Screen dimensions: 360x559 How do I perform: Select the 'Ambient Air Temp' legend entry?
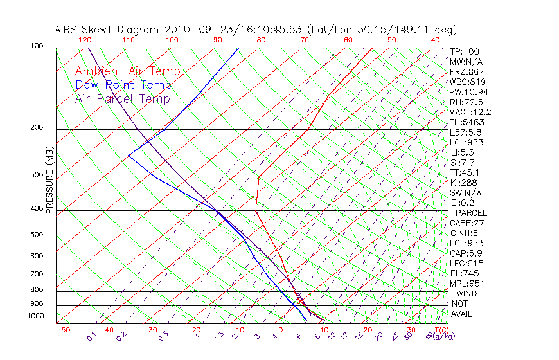coord(127,71)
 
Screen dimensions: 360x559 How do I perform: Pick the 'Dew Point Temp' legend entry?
coord(123,85)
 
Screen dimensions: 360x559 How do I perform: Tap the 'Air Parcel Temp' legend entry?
coord(122,98)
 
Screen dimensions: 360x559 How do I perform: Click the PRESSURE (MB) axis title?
coord(49,180)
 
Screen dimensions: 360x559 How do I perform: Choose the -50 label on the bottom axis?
coord(62,330)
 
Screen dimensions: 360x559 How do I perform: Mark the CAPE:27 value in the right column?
coord(466,223)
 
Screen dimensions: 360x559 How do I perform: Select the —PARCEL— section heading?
coord(471,213)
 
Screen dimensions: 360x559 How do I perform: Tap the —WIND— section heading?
coord(467,293)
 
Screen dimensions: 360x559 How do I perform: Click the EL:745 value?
coord(464,273)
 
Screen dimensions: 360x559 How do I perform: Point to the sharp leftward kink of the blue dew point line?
coord(129,156)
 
